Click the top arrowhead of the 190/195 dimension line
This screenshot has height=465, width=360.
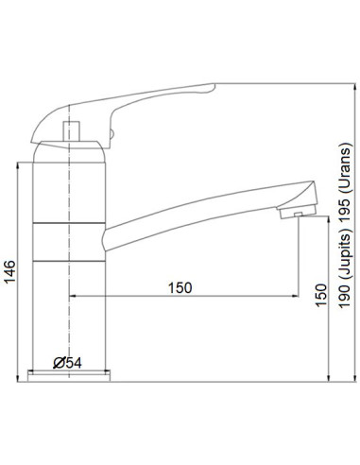328,91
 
